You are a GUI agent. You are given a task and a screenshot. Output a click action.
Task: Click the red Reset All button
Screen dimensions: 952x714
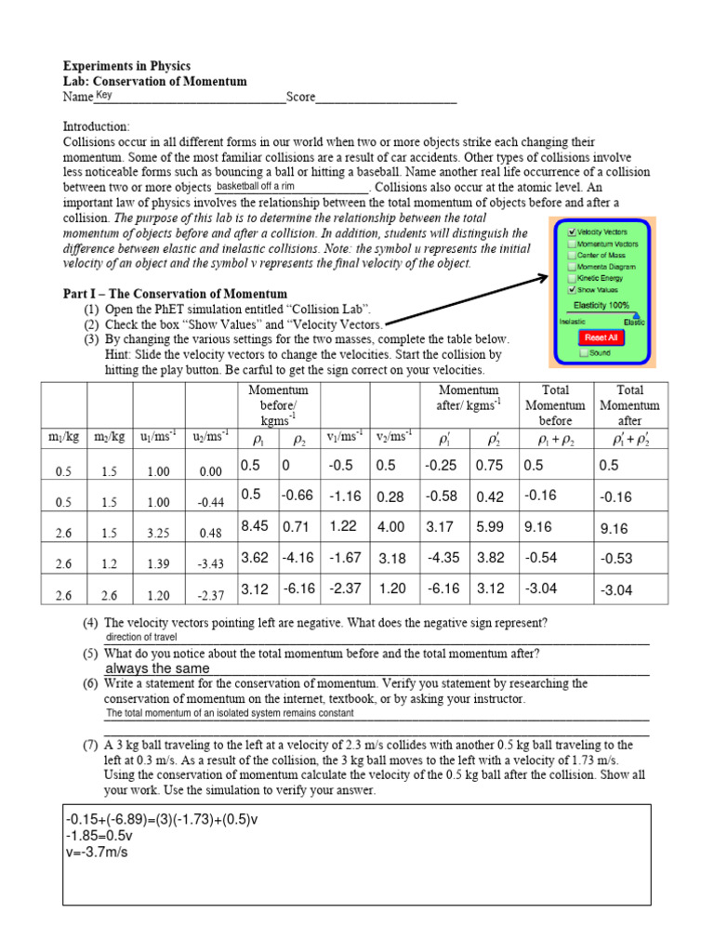[601, 337]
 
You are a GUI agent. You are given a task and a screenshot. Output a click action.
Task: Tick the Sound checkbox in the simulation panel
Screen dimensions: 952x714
[583, 353]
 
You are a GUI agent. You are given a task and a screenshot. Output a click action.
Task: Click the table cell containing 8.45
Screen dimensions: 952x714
[255, 525]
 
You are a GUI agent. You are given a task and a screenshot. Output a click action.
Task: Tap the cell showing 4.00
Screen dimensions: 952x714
[390, 526]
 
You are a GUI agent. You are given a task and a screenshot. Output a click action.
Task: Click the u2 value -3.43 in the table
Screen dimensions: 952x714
[210, 563]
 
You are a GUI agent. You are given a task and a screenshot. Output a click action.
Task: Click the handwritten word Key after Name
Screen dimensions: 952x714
[103, 95]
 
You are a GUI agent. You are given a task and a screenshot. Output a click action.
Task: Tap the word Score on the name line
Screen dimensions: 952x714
[301, 97]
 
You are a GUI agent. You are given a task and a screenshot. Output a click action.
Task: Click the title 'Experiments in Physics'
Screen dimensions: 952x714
[126, 66]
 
